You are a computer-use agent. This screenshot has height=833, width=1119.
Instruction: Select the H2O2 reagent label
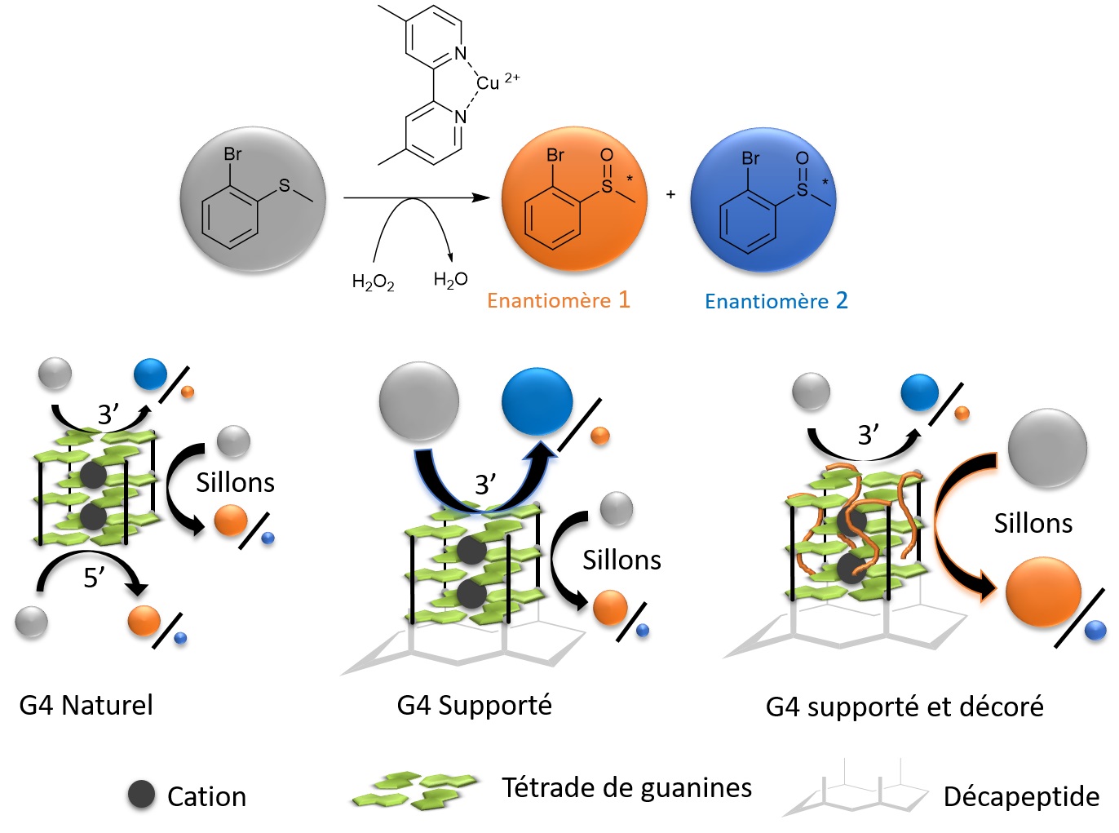(x=373, y=282)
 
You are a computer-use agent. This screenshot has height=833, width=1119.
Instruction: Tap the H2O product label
(x=450, y=280)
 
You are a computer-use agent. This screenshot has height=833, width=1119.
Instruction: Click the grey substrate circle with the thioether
(x=253, y=199)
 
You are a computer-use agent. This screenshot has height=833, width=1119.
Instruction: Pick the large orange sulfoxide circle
(x=574, y=199)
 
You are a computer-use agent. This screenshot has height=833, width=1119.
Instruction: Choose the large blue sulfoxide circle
(x=763, y=199)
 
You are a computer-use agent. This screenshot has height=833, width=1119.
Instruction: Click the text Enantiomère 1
(x=559, y=300)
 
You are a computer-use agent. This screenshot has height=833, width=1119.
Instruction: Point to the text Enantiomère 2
(x=776, y=301)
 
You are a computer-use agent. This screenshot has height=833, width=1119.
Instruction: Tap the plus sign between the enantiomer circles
(x=670, y=194)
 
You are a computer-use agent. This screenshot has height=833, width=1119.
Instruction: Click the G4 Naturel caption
(x=86, y=705)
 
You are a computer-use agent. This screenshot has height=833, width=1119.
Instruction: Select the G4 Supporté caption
(x=474, y=705)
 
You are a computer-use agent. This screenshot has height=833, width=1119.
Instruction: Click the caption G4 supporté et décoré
(x=904, y=707)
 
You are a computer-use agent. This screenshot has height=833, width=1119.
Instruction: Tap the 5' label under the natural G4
(x=94, y=578)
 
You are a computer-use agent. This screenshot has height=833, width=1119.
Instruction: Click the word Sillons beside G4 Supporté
(x=621, y=560)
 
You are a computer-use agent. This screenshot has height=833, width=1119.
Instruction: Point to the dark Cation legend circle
(x=141, y=795)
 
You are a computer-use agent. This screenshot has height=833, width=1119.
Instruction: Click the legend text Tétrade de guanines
(x=626, y=787)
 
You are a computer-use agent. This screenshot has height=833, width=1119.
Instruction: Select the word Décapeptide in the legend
(x=1021, y=796)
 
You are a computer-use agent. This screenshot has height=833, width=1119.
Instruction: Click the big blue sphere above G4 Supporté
(x=537, y=401)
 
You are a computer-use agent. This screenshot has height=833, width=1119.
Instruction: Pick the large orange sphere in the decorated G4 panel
(x=1043, y=592)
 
